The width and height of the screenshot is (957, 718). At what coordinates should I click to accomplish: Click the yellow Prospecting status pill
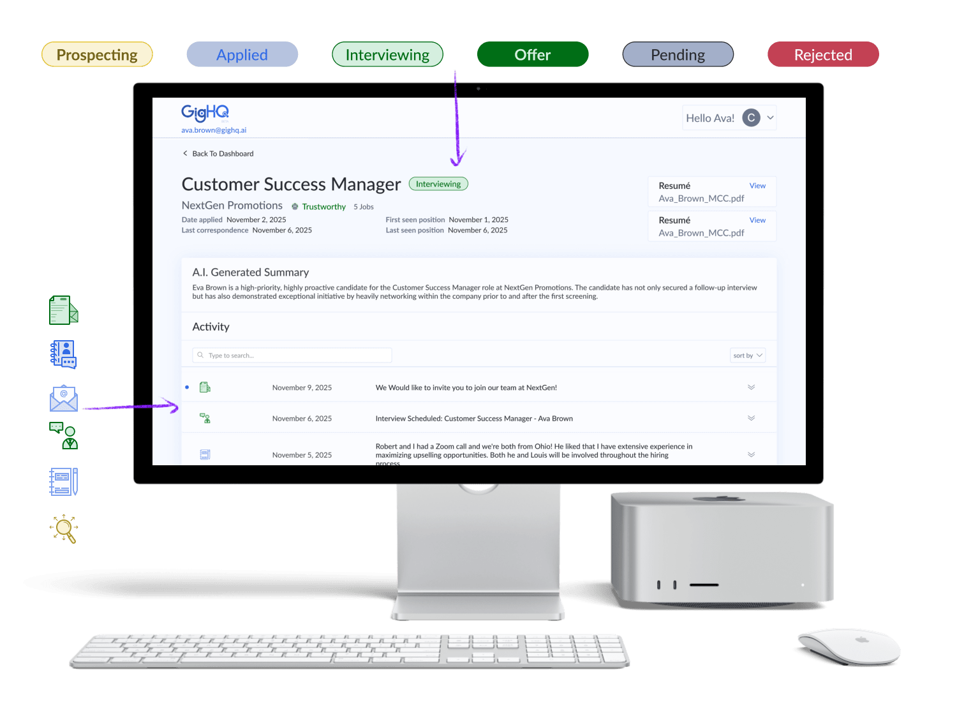pyautogui.click(x=97, y=55)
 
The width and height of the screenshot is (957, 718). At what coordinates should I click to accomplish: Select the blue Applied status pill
pyautogui.click(x=242, y=55)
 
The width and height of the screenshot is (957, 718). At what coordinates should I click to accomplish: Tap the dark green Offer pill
pyautogui.click(x=533, y=55)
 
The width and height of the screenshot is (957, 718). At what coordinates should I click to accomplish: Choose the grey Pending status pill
pyautogui.click(x=678, y=55)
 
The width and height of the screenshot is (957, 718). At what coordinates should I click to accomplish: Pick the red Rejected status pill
pyautogui.click(x=823, y=55)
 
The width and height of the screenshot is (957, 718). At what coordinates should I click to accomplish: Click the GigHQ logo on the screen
pyautogui.click(x=205, y=113)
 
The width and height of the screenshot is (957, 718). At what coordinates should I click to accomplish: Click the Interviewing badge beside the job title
pyautogui.click(x=438, y=184)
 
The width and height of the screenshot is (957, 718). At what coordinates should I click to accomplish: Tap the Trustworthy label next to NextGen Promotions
pyautogui.click(x=323, y=207)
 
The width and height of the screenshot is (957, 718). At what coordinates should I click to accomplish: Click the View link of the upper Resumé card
pyautogui.click(x=757, y=186)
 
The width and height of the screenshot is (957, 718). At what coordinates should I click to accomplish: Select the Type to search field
pyautogui.click(x=292, y=355)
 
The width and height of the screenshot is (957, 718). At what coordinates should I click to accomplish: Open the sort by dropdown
pyautogui.click(x=747, y=355)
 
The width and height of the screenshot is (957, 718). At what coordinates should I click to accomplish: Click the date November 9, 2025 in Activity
pyautogui.click(x=302, y=387)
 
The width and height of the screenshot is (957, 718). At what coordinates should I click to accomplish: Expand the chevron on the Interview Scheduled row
pyautogui.click(x=751, y=419)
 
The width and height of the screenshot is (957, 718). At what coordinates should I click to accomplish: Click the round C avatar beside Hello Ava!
pyautogui.click(x=751, y=118)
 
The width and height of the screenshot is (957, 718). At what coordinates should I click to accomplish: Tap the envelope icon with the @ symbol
pyautogui.click(x=64, y=398)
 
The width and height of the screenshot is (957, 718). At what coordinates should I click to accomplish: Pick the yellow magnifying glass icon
pyautogui.click(x=64, y=528)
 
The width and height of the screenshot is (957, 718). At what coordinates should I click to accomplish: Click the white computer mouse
pyautogui.click(x=848, y=646)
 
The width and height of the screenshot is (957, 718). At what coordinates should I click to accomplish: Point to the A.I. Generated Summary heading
pyautogui.click(x=251, y=273)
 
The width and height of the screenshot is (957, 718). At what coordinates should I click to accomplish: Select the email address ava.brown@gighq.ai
pyautogui.click(x=214, y=130)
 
